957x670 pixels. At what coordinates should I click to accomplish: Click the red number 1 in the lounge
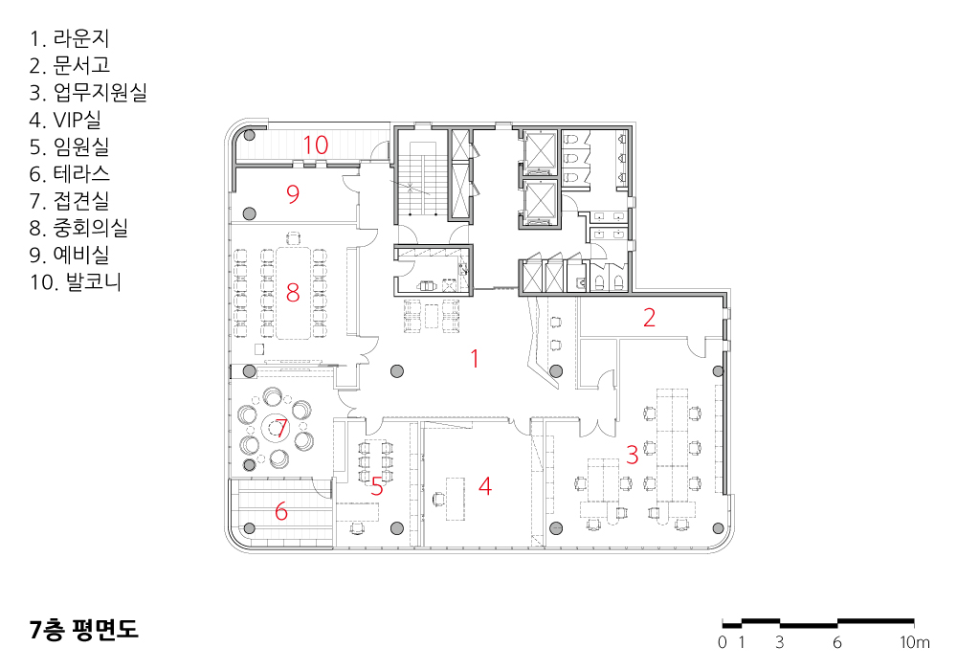[x=475, y=358]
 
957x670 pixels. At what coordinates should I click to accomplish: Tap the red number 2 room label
[x=650, y=318]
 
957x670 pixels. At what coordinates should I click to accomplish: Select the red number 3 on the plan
[x=633, y=455]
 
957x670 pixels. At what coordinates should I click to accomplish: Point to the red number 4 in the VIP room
[x=485, y=485]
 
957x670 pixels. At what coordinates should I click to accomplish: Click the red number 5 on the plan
[x=377, y=486]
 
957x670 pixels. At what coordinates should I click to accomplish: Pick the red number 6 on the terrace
[x=281, y=511]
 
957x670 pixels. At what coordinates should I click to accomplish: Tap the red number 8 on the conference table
[x=293, y=293]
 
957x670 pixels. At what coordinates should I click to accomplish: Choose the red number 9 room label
[x=293, y=194]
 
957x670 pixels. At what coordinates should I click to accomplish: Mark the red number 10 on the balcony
[x=316, y=145]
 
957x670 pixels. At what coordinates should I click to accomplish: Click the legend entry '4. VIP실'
[x=65, y=120]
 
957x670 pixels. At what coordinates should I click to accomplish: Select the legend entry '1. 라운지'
[x=70, y=38]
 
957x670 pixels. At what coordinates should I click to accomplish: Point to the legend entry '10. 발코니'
[x=76, y=281]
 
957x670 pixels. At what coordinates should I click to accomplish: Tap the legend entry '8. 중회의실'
[x=78, y=228]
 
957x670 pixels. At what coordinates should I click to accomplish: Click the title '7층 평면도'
[x=84, y=629]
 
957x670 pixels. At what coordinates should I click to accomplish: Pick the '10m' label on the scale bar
[x=914, y=642]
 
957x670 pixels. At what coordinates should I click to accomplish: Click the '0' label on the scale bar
[x=723, y=642]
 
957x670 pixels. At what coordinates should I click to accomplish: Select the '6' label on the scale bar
[x=837, y=642]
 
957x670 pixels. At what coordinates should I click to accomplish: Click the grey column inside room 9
[x=249, y=213]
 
